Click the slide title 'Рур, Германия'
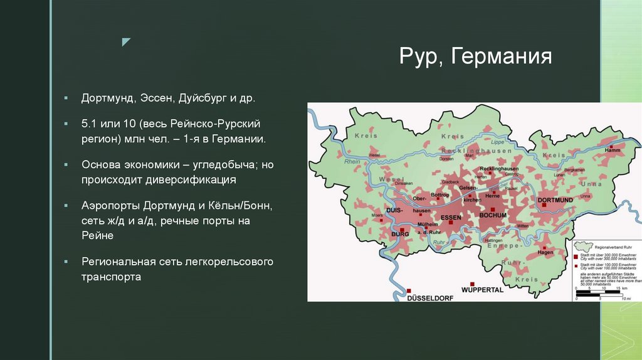[475, 58]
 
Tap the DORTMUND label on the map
[555, 200]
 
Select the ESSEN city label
[451, 217]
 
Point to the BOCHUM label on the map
[492, 216]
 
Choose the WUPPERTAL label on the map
[482, 290]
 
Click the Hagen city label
[545, 252]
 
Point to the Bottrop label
[440, 195]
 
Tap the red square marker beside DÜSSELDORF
[409, 291]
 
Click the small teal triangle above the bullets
[126, 42]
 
